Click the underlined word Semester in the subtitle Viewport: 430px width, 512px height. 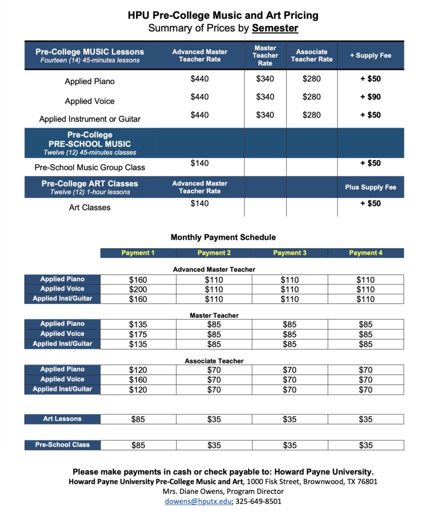click(275, 28)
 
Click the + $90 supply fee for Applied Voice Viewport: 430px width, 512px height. click(370, 96)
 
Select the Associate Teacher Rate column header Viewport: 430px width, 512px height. click(311, 55)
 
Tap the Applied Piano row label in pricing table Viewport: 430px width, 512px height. click(89, 81)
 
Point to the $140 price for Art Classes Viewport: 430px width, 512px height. click(199, 203)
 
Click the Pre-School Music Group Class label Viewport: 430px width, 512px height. click(89, 167)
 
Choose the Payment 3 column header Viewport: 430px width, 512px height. click(290, 253)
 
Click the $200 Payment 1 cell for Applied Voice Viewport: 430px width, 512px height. click(138, 289)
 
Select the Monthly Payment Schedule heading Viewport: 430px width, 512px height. click(223, 237)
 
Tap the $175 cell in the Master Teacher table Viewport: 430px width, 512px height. click(138, 334)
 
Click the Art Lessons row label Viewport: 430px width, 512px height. click(62, 419)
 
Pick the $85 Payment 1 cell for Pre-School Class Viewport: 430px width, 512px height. click(138, 445)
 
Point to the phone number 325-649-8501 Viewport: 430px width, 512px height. click(258, 501)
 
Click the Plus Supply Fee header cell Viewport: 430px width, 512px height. click(370, 187)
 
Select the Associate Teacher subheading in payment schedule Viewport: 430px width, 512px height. click(214, 360)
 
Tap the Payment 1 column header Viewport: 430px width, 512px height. click(138, 253)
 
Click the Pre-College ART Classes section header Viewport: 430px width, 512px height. click(89, 187)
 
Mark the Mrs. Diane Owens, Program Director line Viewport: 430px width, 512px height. click(223, 491)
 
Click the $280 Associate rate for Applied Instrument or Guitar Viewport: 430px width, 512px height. click(311, 115)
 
